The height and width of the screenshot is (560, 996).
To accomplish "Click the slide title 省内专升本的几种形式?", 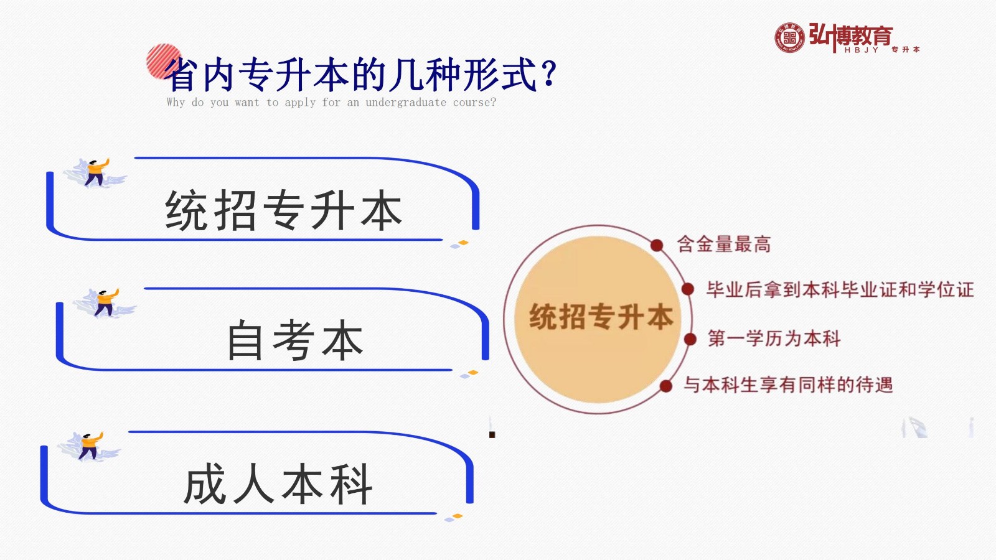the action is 360,74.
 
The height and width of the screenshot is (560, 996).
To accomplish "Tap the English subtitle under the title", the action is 331,102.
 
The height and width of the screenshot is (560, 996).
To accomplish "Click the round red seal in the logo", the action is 789,38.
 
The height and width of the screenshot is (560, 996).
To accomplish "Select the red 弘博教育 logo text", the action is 850,35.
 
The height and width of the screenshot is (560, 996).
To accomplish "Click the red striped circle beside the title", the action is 164,62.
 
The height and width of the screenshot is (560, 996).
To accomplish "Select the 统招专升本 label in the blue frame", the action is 283,210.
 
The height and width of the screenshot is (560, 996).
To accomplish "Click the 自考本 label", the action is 295,340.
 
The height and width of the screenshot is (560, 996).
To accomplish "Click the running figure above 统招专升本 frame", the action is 95,173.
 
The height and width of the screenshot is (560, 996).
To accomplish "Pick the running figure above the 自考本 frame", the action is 105,303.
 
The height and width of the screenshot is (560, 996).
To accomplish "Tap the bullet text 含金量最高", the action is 724,245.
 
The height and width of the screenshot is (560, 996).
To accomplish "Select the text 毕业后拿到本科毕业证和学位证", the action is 840,290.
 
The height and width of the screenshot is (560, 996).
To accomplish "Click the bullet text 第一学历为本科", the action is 774,338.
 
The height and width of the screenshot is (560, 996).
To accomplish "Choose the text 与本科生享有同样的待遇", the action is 788,385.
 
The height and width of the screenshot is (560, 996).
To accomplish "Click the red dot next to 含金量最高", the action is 657,245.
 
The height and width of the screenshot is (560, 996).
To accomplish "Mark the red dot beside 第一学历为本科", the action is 690,340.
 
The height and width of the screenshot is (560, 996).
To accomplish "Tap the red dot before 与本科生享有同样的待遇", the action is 665,386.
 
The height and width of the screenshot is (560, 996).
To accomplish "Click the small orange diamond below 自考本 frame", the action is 473,373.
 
